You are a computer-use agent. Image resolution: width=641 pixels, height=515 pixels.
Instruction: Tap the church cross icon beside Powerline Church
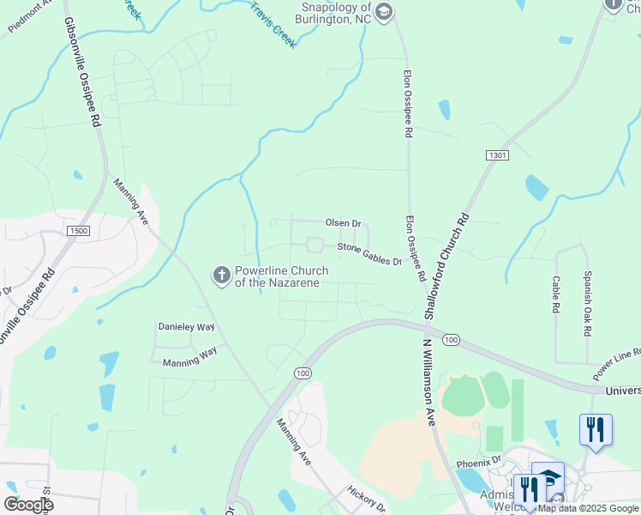pos(220,276)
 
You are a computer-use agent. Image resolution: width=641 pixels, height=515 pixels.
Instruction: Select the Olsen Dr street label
pos(344,223)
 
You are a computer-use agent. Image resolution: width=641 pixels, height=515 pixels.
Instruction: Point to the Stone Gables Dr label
pos(369,253)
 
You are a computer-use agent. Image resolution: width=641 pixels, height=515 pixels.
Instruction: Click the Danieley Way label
pos(186,327)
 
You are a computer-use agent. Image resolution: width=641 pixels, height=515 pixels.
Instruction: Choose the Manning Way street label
pos(190,363)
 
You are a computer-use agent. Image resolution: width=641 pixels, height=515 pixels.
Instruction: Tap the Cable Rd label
pos(555,294)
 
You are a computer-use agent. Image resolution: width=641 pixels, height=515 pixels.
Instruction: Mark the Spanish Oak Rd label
pos(588,304)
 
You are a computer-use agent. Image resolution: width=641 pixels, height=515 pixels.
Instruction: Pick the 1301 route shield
pos(496,155)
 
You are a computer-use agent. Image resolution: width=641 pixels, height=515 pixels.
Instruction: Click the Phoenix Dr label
pos(478,462)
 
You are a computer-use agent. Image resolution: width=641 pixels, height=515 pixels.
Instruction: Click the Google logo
pos(29,505)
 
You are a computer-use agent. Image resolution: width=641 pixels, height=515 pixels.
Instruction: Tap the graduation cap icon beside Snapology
pos(383,11)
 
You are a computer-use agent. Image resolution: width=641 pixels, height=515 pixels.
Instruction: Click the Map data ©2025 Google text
pos(589,508)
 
